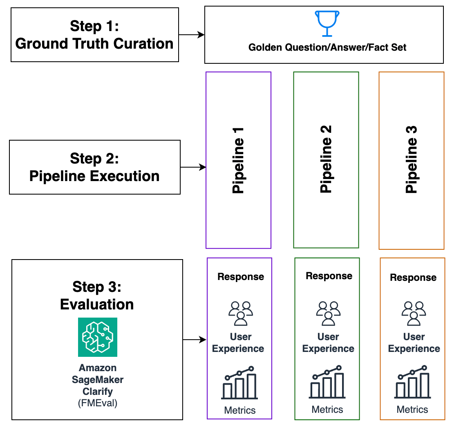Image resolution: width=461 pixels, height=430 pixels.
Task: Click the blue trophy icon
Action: [327, 24]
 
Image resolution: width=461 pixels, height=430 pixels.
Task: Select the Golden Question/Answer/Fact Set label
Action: [327, 47]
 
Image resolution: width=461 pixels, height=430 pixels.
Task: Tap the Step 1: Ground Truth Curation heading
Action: [94, 35]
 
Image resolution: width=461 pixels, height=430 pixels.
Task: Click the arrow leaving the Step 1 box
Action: [192, 35]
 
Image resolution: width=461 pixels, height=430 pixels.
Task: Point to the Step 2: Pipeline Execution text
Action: [94, 167]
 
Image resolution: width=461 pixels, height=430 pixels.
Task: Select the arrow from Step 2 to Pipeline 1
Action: [193, 167]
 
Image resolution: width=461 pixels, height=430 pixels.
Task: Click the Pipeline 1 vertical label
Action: [238, 160]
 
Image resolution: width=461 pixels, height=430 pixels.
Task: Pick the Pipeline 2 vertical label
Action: [326, 159]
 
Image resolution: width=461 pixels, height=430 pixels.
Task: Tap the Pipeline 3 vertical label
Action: [411, 159]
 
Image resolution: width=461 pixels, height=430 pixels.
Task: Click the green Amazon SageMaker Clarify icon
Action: [98, 337]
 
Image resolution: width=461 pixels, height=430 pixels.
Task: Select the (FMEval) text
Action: [98, 403]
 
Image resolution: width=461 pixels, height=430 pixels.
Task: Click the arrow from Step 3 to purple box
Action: [195, 340]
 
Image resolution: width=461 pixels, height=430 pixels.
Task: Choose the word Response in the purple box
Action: [241, 277]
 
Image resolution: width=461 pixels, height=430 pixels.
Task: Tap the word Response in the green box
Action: [329, 276]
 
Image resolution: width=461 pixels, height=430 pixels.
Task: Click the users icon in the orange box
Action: [414, 313]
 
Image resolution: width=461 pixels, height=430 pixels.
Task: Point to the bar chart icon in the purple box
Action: [239, 382]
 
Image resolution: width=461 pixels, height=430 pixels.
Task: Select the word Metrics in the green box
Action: [327, 410]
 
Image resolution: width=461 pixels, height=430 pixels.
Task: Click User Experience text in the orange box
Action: [414, 343]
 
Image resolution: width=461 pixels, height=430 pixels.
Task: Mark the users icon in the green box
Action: [329, 313]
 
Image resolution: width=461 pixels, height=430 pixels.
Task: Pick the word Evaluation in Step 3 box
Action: [97, 305]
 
